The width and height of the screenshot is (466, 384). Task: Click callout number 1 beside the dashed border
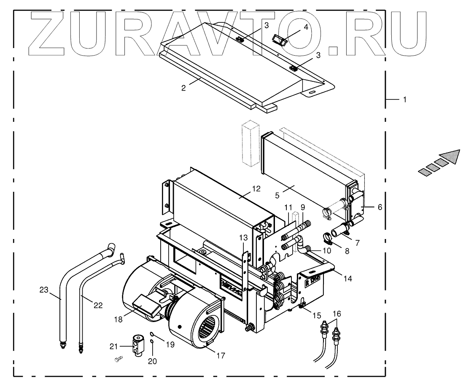coord(405,100)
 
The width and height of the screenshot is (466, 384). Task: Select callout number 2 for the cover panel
coord(183,88)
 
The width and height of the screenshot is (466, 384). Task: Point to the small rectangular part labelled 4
coord(278,40)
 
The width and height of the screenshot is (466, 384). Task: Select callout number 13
coord(243,238)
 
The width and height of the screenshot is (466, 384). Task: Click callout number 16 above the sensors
coord(337,314)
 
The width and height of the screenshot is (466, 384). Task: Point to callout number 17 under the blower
coord(220,355)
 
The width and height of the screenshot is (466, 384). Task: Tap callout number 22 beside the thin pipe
coord(98,306)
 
